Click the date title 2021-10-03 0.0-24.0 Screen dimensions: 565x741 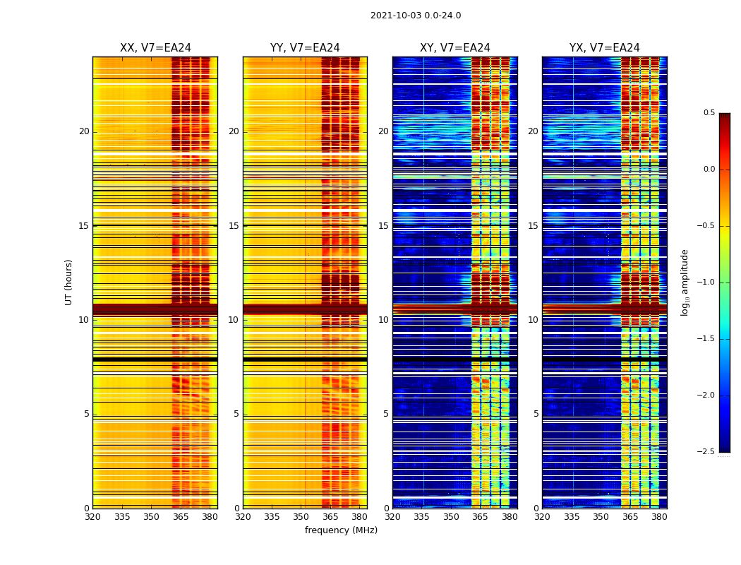[416, 16]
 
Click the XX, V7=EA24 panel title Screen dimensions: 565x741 [155, 48]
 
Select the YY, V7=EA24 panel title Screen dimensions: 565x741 [305, 48]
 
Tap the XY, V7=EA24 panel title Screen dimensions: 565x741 [455, 48]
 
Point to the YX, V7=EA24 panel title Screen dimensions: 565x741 [605, 48]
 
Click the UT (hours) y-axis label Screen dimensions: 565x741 [69, 282]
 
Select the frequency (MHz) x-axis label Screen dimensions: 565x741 [341, 530]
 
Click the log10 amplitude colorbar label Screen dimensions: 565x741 [685, 282]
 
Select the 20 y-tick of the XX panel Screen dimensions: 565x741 [84, 131]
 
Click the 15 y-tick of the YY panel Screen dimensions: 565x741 [234, 226]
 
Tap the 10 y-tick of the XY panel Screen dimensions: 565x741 [383, 320]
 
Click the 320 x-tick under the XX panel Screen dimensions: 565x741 [92, 517]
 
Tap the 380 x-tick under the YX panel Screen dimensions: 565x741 [659, 517]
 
